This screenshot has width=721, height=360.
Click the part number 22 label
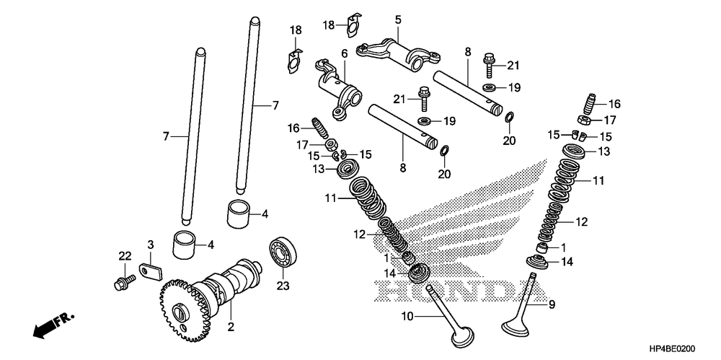tap(125, 256)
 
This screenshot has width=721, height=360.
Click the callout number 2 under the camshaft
tap(231, 327)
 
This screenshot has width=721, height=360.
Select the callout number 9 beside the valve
tap(552, 304)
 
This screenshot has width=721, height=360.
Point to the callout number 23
tap(282, 286)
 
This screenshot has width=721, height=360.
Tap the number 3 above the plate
tap(151, 245)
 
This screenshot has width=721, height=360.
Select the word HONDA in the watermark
tap(447, 289)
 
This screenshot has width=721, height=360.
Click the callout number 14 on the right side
tap(567, 262)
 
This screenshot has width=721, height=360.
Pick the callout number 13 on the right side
tap(603, 152)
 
